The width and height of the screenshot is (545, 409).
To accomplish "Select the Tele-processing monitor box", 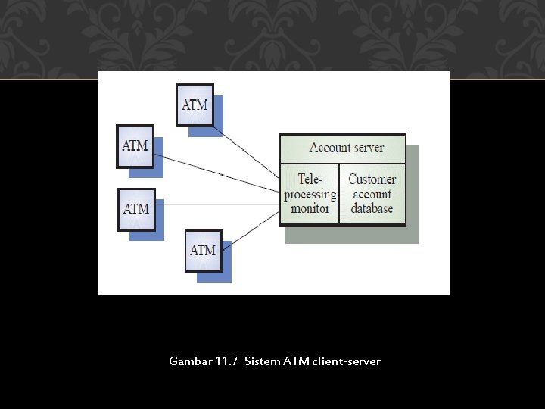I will [310, 194].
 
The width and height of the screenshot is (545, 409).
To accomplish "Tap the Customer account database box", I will [372, 194].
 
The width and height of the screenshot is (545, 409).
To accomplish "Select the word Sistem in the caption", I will [262, 361].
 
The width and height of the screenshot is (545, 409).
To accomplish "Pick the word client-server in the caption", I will [344, 361].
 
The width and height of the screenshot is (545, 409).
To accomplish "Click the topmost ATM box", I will [195, 105].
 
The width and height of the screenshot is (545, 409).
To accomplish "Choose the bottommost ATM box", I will [203, 251].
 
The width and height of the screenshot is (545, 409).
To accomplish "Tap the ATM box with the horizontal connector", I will [136, 208].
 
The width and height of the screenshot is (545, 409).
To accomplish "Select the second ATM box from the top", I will [135, 145].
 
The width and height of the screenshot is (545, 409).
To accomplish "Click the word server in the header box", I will [367, 148].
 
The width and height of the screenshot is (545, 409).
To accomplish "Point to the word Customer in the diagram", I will [372, 180].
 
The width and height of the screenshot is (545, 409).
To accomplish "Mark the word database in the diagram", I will [372, 208].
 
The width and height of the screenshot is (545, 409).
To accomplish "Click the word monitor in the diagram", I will [310, 208].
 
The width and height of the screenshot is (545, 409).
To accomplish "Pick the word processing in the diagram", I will [310, 195].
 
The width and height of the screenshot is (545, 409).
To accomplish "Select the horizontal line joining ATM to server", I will [216, 204].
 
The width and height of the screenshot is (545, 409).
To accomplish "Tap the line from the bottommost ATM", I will [250, 230].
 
